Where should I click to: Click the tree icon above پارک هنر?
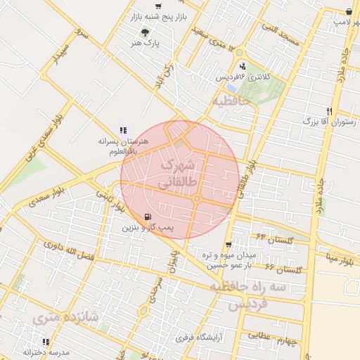click(x=145, y=32)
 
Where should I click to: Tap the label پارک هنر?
click(x=146, y=43)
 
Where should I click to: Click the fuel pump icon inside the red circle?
click(x=147, y=217)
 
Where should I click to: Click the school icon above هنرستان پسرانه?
click(x=123, y=130)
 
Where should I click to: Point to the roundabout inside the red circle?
click(x=198, y=200)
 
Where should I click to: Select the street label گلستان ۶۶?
click(x=283, y=269)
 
